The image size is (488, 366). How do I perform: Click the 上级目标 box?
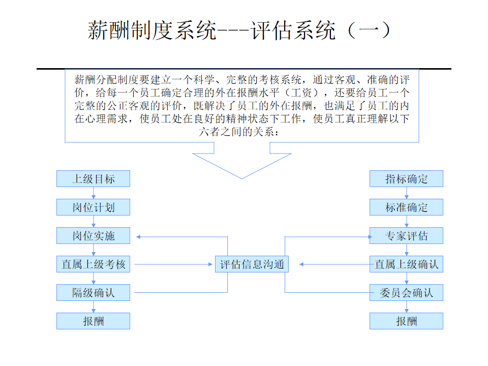93,179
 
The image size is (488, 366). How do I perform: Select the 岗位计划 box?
93,207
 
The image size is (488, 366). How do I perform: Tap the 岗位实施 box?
93,236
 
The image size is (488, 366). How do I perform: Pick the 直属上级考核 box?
93,264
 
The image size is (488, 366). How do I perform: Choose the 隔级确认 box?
93,293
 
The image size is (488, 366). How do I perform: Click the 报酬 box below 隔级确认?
93,321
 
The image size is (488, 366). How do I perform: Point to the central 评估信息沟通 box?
252,264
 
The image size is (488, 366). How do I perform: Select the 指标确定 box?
406,179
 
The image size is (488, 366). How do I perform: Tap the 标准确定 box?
406,207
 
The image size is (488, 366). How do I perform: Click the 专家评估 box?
406,236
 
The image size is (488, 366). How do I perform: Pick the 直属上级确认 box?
406,264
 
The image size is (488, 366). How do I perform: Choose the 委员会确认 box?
406,293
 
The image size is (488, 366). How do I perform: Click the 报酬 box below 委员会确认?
406,321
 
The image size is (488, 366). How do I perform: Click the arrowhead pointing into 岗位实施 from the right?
139,236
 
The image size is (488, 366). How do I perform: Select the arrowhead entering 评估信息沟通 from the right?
301,264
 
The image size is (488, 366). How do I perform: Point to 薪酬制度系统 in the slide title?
152,30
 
